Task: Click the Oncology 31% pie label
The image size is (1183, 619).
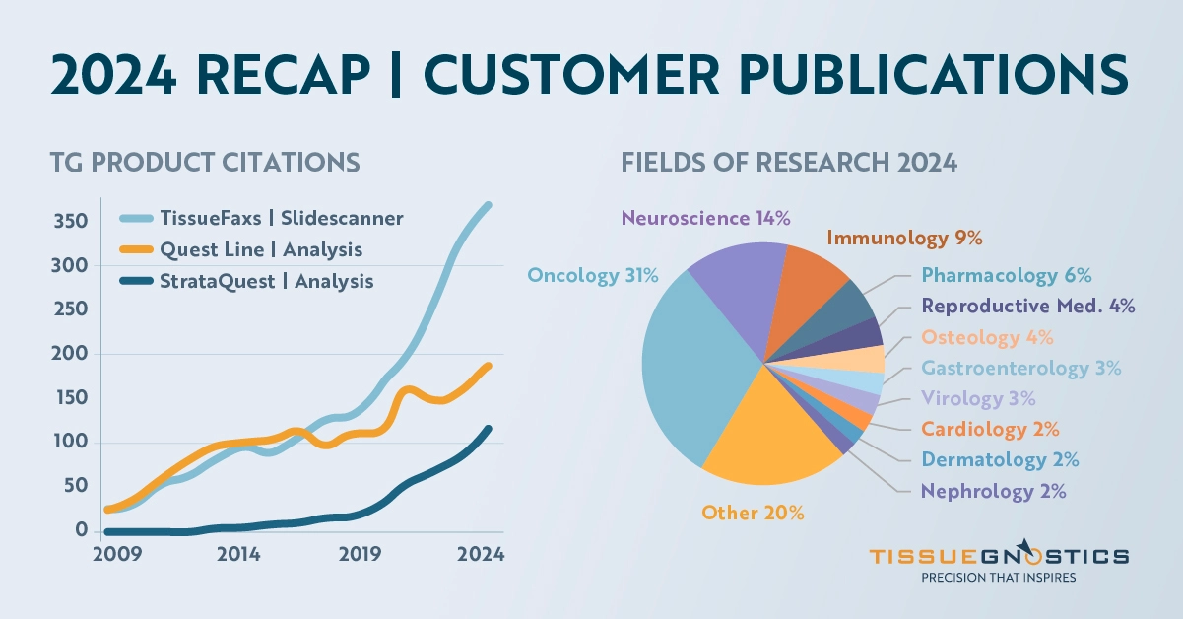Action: click(593, 276)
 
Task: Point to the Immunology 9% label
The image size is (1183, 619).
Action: click(904, 238)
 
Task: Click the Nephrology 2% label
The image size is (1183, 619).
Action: click(993, 490)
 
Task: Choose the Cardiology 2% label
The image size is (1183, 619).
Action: click(990, 429)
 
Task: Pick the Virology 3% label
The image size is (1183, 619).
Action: click(978, 398)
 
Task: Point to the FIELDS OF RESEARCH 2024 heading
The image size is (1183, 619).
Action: click(789, 162)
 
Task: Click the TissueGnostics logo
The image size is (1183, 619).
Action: click(999, 563)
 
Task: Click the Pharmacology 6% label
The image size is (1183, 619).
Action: click(1007, 275)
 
